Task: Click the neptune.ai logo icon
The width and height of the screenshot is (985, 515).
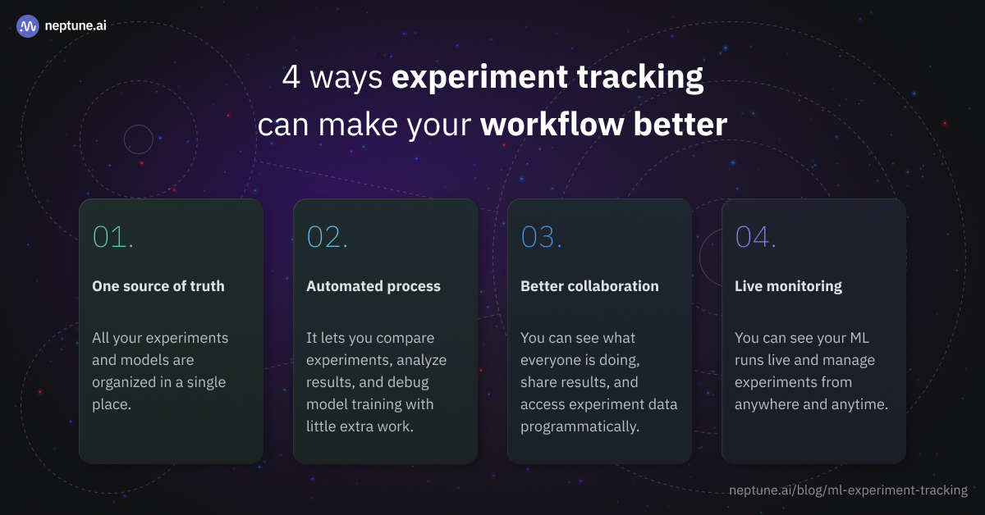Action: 28,26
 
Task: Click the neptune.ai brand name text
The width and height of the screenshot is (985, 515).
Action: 76,26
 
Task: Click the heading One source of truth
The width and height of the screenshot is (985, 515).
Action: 158,286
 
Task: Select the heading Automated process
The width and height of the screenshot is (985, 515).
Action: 373,286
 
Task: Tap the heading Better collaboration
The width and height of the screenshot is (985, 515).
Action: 589,286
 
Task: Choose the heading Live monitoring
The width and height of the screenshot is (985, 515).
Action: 788,286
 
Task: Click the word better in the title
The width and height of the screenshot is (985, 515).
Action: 680,125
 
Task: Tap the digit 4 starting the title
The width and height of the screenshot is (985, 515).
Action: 291,78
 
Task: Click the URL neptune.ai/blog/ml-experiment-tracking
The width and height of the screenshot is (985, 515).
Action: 848,490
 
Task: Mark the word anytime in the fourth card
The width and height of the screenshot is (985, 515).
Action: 859,404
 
